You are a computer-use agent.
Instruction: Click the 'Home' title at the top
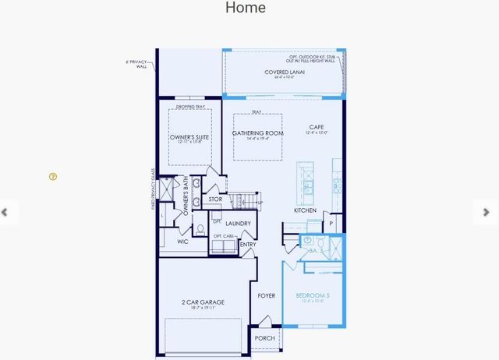coord(246,8)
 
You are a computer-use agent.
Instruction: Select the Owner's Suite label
coord(189,137)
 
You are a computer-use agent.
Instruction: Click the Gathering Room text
coord(257,133)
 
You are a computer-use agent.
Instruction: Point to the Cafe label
coord(316,127)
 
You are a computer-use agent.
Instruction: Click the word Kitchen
coord(305,210)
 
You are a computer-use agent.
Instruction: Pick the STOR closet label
coord(216,199)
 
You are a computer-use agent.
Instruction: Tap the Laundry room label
coord(239,224)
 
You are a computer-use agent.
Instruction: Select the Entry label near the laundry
coord(248,245)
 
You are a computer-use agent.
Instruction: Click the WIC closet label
coord(182,242)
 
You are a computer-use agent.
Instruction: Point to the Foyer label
coord(267,295)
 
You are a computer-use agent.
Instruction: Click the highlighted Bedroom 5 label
coord(313,295)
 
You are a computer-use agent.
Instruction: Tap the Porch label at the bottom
coord(264,338)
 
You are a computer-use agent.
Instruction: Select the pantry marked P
coord(331,224)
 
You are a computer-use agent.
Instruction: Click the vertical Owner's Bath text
coord(186,196)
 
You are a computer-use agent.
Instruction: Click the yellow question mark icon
coord(53,177)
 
